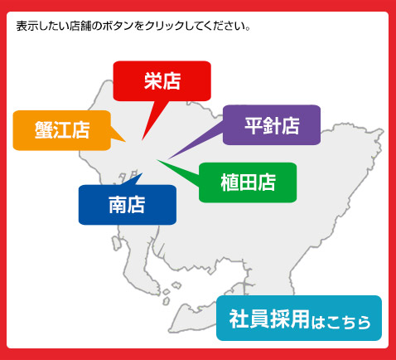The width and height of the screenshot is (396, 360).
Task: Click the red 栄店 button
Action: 162,81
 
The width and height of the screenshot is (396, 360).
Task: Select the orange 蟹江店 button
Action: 62,130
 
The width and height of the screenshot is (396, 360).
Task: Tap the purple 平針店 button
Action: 272,125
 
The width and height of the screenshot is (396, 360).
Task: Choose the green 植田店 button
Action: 248,182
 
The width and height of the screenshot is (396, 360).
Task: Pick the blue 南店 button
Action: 128,205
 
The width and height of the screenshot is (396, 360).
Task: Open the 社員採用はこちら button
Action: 299,319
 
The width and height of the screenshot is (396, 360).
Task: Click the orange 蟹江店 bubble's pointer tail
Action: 117,135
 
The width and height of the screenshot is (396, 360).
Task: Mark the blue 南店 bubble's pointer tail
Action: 133,180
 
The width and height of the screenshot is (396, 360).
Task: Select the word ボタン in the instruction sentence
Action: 118,27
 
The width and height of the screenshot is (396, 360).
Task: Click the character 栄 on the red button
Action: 152,81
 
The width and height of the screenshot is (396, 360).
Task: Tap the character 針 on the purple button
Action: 272,125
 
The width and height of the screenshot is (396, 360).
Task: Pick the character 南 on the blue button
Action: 118,205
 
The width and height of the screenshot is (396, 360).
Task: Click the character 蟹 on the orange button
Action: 44,130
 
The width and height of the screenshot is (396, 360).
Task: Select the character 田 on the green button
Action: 248,182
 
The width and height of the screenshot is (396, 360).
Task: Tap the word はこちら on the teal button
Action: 340,322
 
